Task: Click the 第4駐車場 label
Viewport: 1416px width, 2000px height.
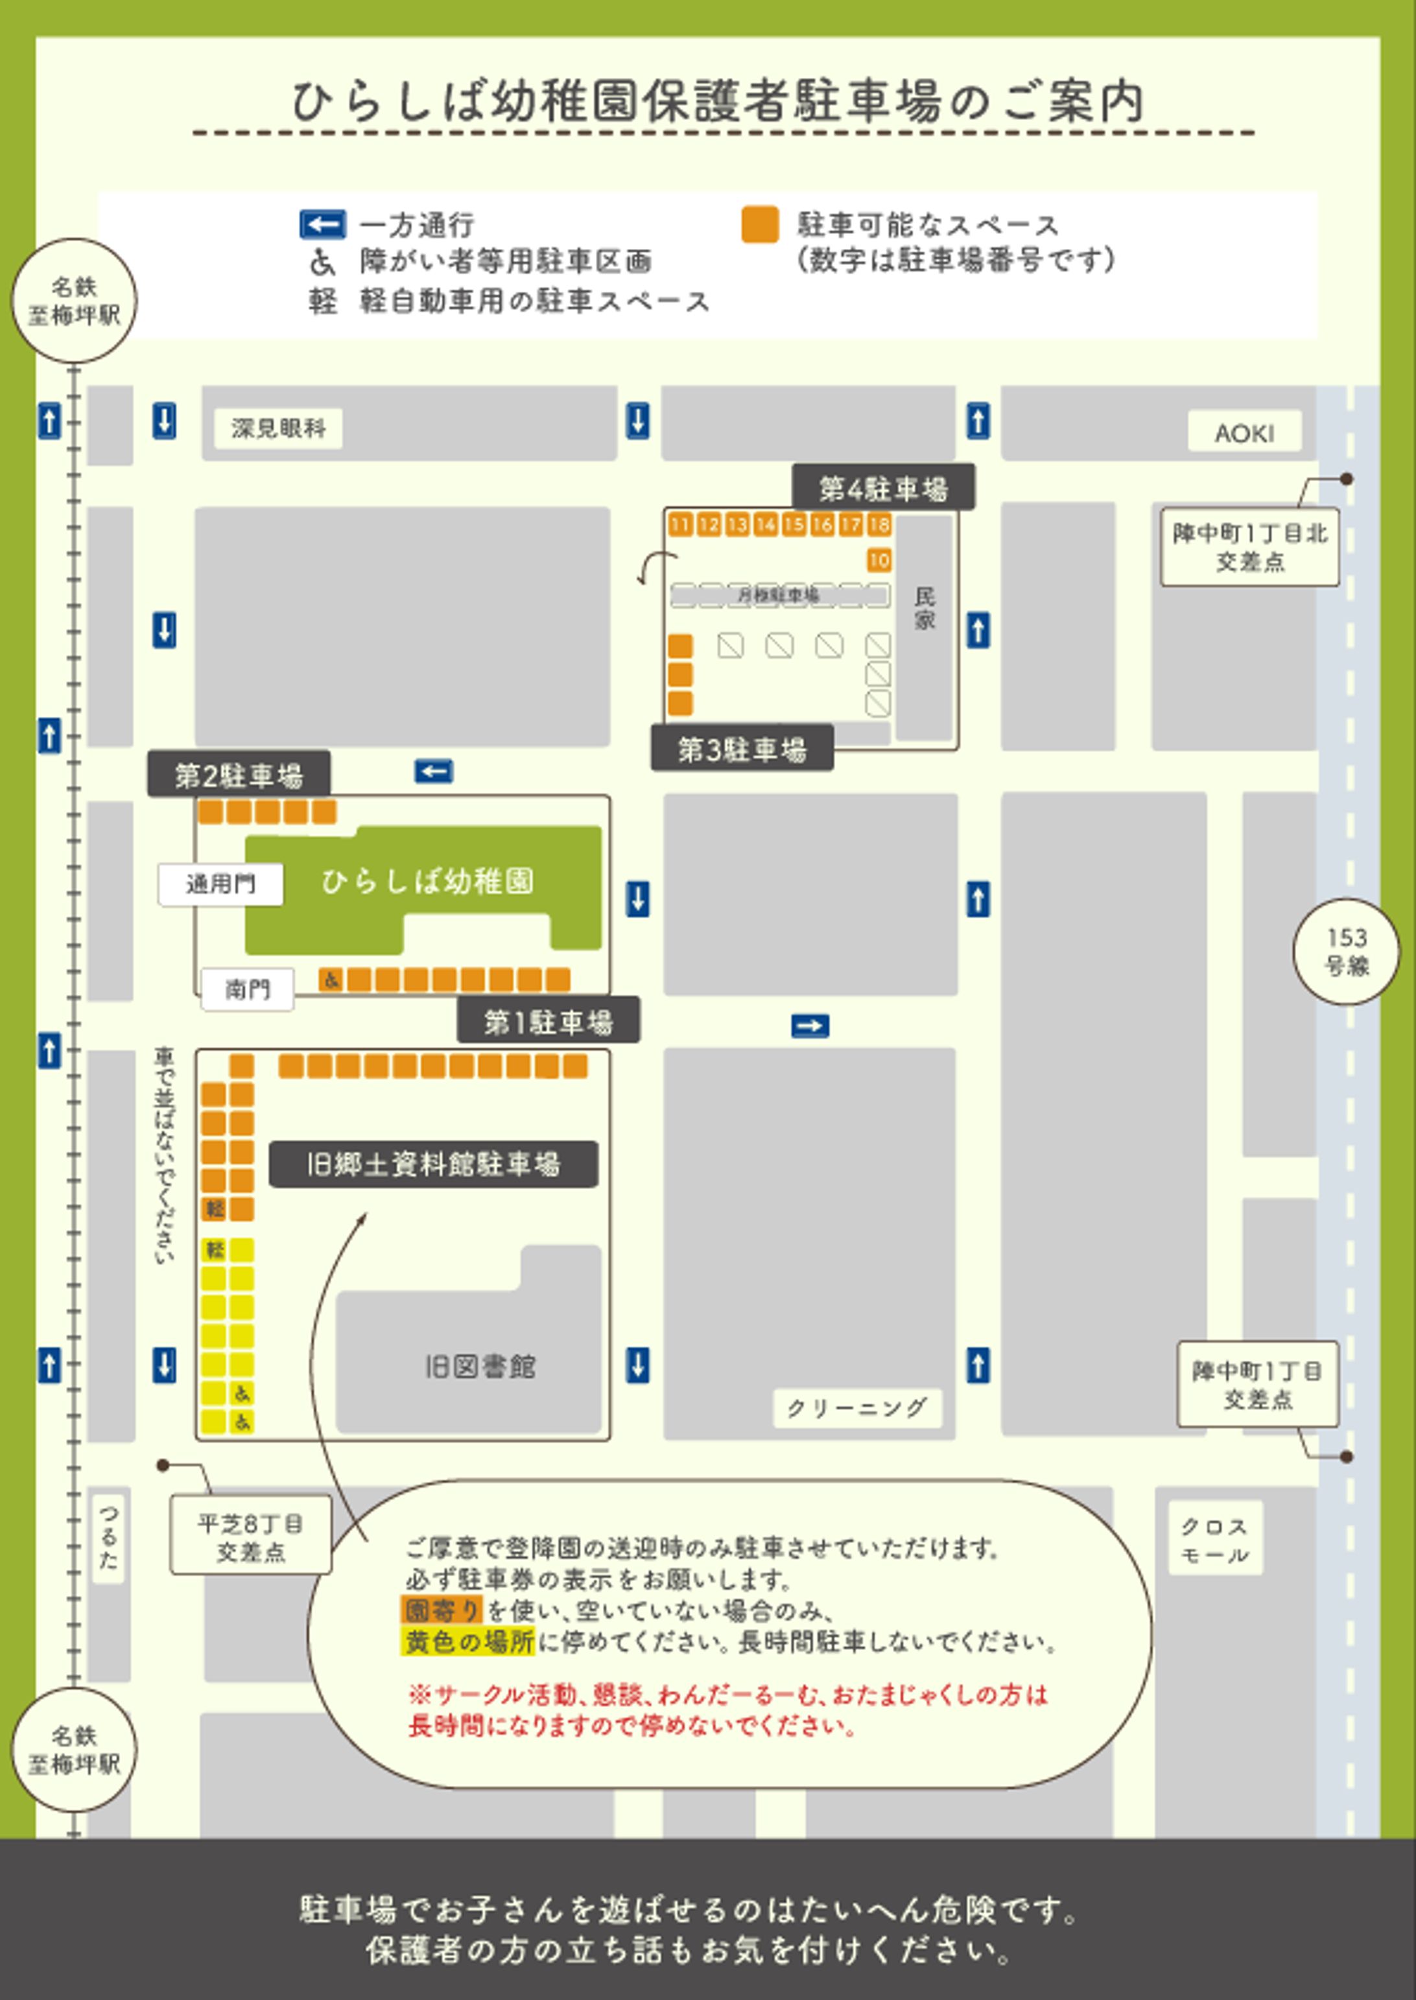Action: (x=882, y=488)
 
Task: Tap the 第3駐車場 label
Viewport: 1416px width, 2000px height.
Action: (x=742, y=749)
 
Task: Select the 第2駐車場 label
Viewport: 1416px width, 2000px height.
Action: (x=238, y=774)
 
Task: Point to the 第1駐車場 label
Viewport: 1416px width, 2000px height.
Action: (x=548, y=1021)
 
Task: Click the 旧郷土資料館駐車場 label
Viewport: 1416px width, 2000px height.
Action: (x=432, y=1164)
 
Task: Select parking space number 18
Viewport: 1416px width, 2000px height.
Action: (x=879, y=524)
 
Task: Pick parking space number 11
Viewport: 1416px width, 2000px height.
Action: (x=680, y=524)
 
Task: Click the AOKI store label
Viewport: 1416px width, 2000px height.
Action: (x=1244, y=432)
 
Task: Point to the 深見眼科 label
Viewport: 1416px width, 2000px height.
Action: (x=278, y=428)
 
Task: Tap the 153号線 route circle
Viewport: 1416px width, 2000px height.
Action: (x=1346, y=951)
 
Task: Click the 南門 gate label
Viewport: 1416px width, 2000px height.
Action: (x=248, y=989)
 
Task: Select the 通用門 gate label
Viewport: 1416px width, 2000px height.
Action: (x=220, y=884)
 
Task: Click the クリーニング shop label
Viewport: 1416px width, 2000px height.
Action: (x=856, y=1408)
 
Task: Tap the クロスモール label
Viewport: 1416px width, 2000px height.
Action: (x=1214, y=1540)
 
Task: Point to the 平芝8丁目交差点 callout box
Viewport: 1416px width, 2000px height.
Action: (x=250, y=1538)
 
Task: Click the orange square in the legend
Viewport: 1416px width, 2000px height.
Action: (x=759, y=225)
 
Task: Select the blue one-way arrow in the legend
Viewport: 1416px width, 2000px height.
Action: (x=322, y=225)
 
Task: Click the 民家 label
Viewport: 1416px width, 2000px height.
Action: (x=925, y=607)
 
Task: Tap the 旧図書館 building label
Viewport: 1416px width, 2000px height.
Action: (x=480, y=1366)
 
